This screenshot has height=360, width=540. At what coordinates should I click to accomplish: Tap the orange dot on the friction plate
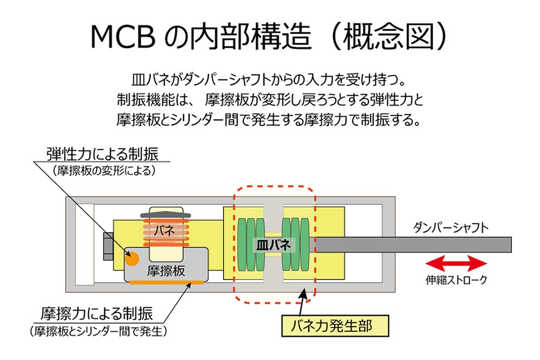coord(132,258)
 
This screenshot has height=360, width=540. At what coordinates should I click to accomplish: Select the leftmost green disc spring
coord(241,244)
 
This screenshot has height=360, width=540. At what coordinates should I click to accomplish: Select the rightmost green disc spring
coord(308,244)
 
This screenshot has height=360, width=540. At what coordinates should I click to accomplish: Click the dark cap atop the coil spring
coord(167,216)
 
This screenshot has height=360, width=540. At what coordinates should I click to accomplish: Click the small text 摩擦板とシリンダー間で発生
coord(97,329)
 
